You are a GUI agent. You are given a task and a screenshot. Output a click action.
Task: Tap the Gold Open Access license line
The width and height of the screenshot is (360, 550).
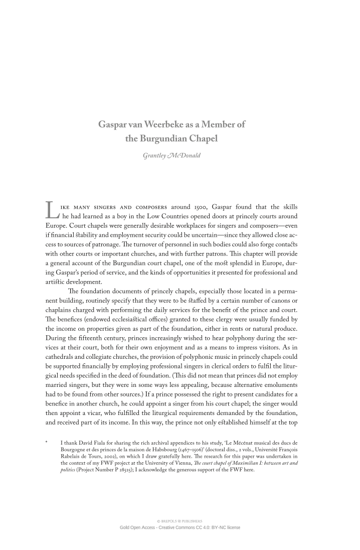click(x=180, y=527)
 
